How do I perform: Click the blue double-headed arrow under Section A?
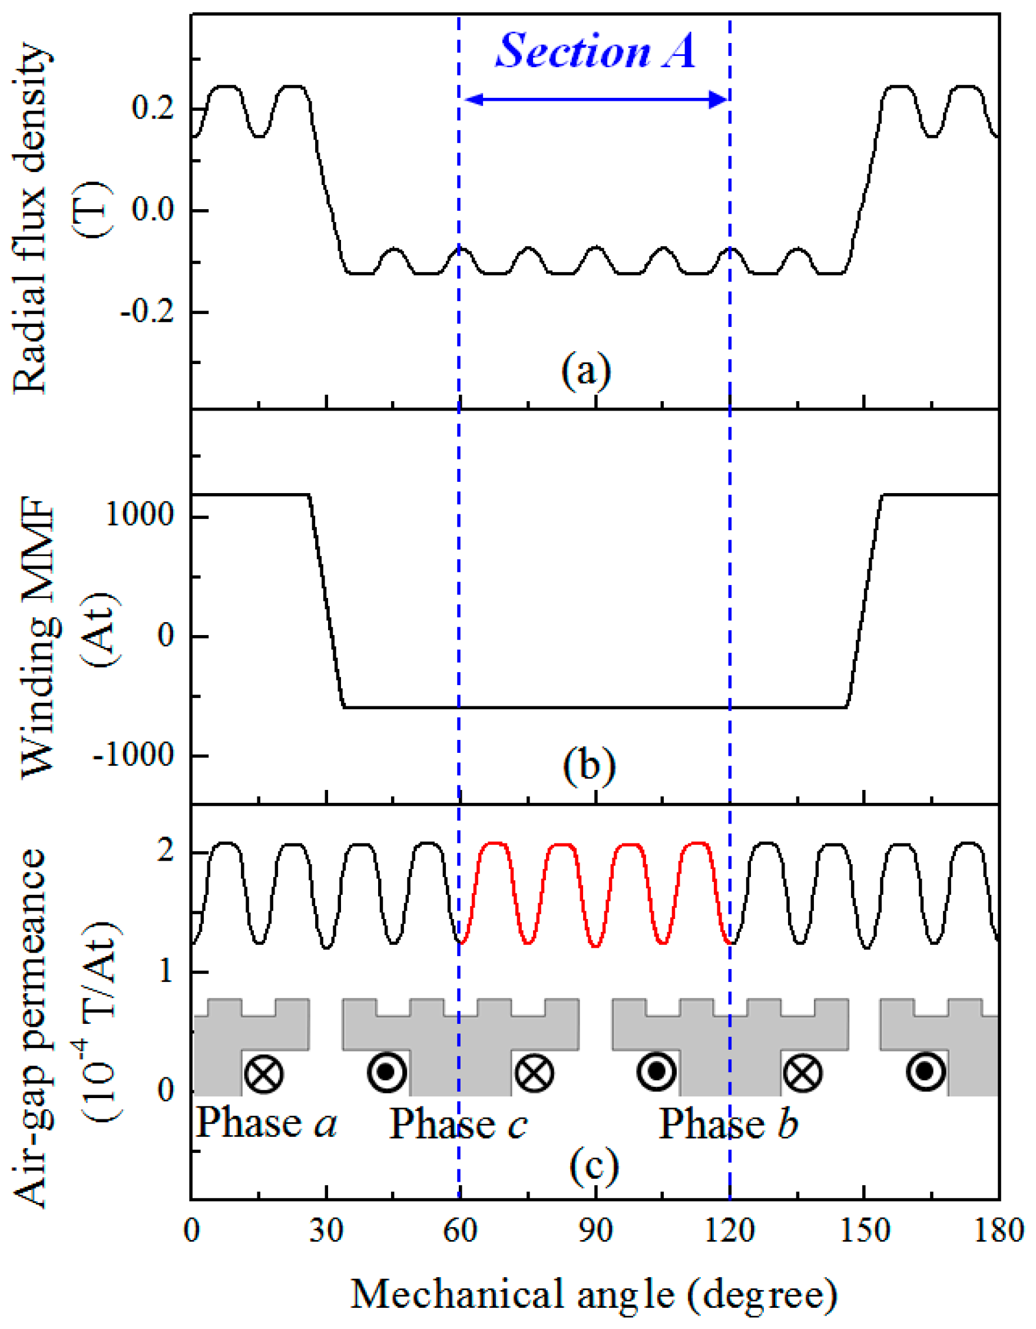(595, 100)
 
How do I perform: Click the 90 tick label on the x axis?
(595, 1232)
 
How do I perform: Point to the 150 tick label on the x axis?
(864, 1232)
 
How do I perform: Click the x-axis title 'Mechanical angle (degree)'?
(594, 1294)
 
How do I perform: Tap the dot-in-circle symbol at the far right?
(925, 1072)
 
